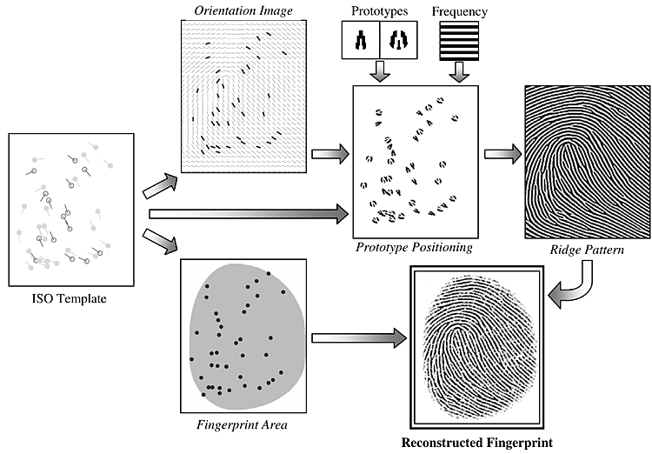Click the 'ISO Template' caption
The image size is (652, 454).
tap(70, 301)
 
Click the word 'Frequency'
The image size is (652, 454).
tap(460, 12)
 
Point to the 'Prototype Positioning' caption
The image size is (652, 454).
tap(414, 248)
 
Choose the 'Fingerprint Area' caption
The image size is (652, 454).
tap(243, 426)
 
